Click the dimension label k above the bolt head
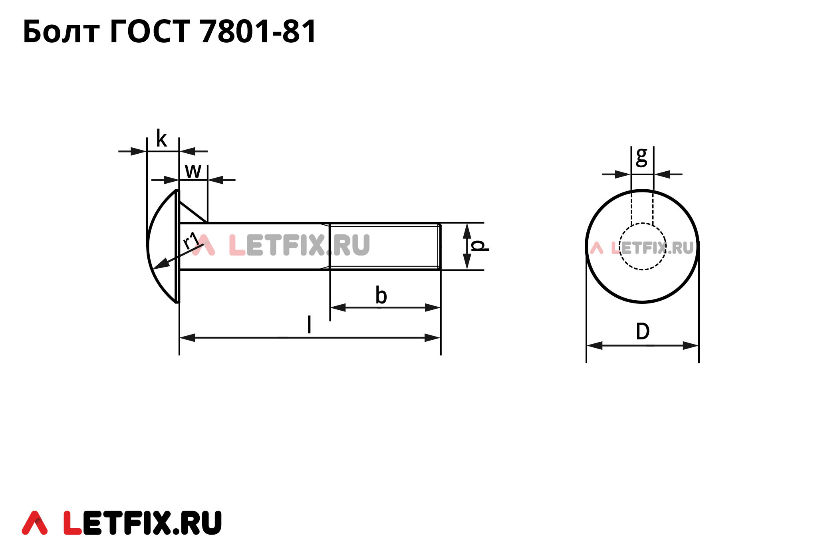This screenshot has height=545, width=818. [161, 139]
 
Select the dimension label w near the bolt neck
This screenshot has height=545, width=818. [193, 171]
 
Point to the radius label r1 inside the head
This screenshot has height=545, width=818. [191, 240]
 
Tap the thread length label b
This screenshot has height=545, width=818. [381, 296]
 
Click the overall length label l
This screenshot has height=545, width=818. [309, 325]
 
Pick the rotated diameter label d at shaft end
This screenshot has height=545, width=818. [478, 246]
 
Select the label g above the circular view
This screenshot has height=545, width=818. [641, 157]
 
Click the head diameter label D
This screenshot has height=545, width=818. [643, 332]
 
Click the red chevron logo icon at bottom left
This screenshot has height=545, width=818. [35, 523]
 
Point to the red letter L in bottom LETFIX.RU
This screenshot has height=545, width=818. [73, 523]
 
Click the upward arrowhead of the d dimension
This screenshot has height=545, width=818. [467, 230]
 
